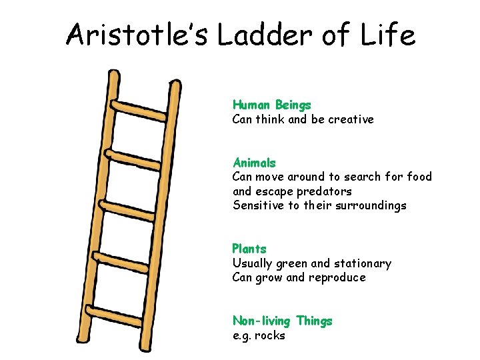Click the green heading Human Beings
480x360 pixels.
click(x=271, y=105)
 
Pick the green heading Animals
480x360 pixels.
click(x=254, y=163)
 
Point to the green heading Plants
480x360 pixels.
click(x=249, y=249)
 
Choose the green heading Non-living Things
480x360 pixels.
click(x=282, y=321)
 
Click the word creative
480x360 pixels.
click(x=351, y=120)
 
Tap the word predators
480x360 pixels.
click(x=324, y=191)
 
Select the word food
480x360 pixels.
click(x=418, y=177)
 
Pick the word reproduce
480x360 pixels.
click(x=337, y=277)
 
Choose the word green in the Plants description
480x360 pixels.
click(x=296, y=264)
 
